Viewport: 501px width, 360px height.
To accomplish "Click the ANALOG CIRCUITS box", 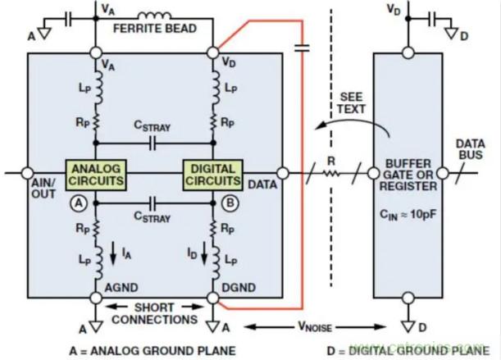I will (x=97, y=173).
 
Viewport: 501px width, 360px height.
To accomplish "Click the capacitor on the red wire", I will (x=302, y=48).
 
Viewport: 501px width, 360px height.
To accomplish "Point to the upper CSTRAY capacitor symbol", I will (x=154, y=143).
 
